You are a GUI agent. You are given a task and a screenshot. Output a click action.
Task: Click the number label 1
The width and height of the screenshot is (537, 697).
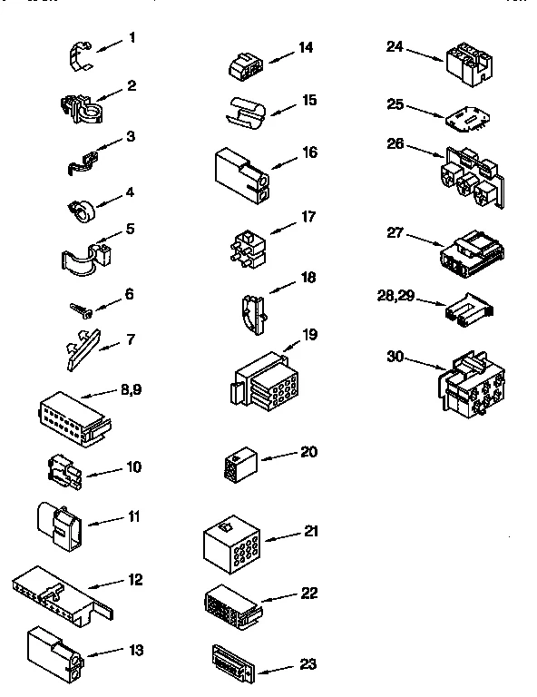[132, 37]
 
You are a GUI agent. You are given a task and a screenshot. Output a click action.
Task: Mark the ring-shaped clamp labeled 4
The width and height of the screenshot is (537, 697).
[83, 209]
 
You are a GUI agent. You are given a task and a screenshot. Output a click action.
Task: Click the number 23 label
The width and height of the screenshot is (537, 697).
[308, 663]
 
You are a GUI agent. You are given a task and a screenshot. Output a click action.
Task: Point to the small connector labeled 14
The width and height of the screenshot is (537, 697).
[245, 65]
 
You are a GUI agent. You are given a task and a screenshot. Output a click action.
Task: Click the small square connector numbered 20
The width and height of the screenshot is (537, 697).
[239, 466]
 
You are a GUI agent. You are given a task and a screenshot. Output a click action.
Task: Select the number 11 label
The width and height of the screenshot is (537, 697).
[133, 518]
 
